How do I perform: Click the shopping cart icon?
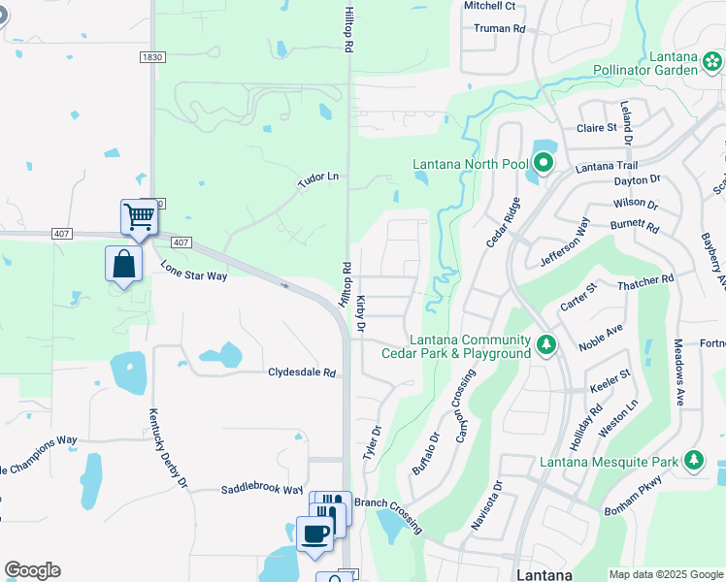click(x=140, y=216)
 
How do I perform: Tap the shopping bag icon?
click(x=124, y=264)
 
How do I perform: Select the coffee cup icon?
click(x=314, y=534)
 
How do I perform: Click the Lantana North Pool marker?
click(x=544, y=163)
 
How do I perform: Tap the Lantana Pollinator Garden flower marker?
click(x=711, y=60)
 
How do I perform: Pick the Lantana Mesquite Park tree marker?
click(x=693, y=459)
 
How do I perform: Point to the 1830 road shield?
click(x=151, y=58)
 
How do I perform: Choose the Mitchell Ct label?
click(x=488, y=6)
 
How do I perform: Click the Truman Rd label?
click(x=499, y=28)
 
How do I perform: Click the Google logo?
click(x=32, y=570)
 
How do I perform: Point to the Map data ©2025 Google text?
click(x=665, y=574)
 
